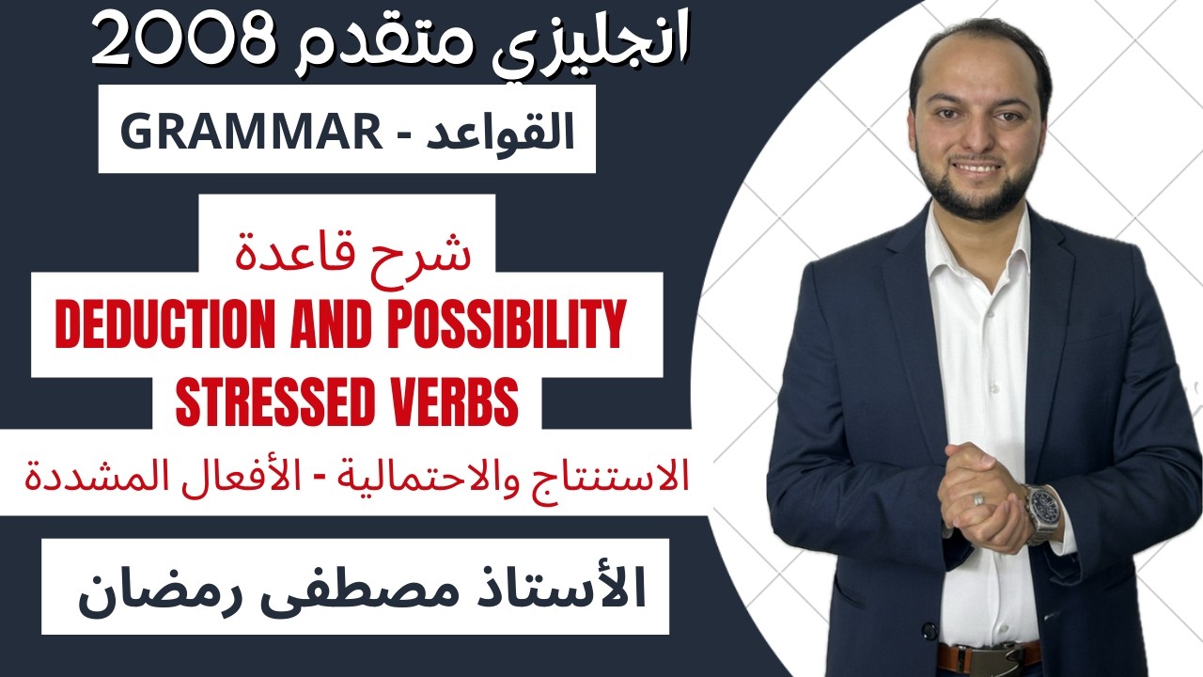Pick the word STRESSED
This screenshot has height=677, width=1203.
click(278, 402)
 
